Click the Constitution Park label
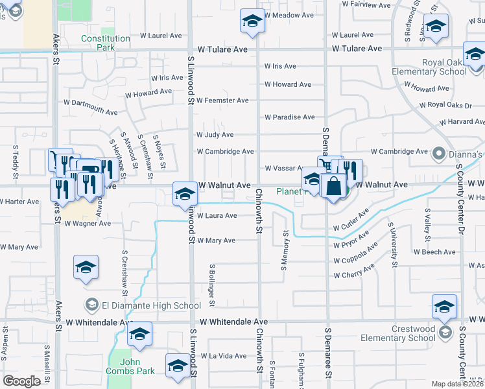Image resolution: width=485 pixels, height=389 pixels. (106, 43)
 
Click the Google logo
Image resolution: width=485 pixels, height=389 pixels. (21, 381)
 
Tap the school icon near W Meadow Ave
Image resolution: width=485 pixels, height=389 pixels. (253, 21)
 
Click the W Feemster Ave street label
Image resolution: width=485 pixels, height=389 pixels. (222, 100)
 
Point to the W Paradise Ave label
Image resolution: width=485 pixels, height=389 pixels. (290, 117)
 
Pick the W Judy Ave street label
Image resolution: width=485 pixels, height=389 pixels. (215, 135)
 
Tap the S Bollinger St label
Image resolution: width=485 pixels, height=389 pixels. (212, 285)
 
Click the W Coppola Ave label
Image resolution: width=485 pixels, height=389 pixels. (356, 253)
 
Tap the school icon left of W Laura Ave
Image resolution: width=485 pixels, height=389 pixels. (185, 193)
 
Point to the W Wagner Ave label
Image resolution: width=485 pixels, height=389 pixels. (88, 223)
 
